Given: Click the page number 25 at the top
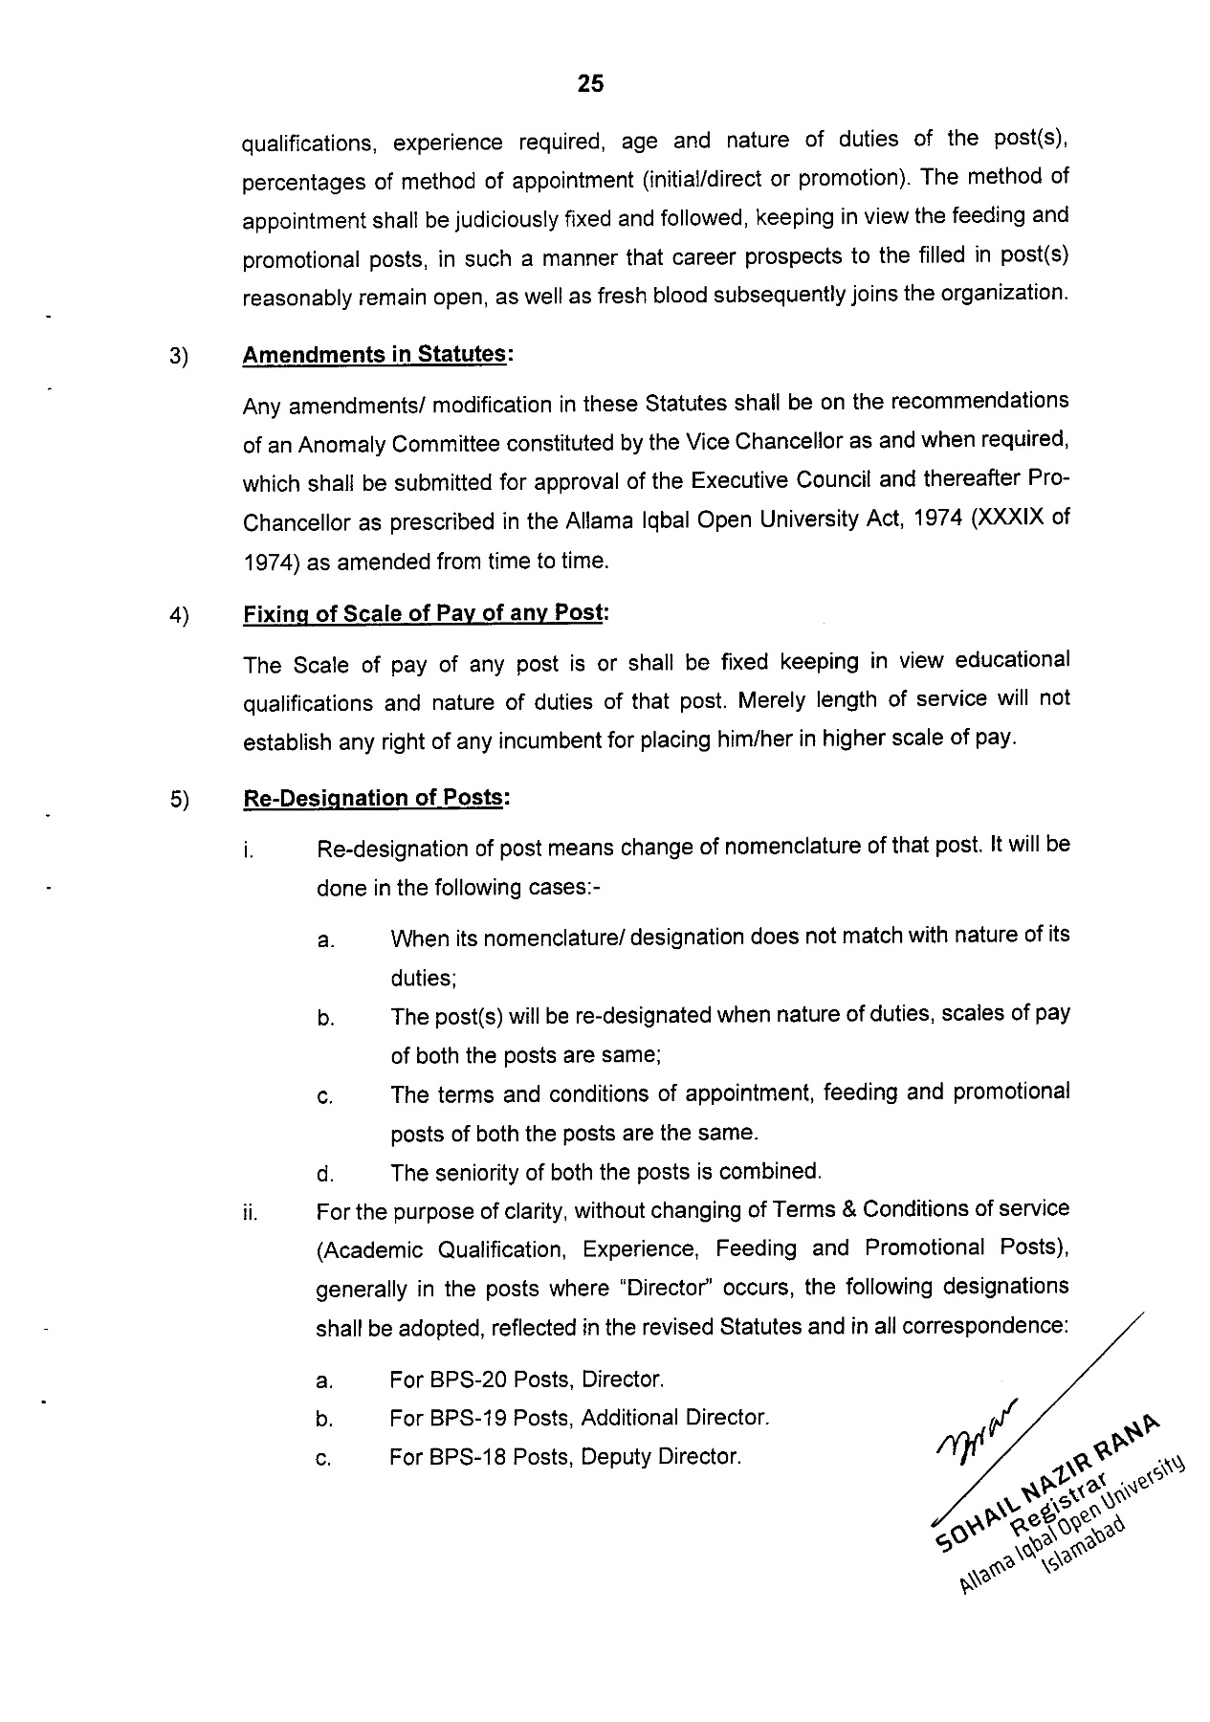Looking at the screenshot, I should click(x=591, y=84).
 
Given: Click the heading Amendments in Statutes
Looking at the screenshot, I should click(x=374, y=355).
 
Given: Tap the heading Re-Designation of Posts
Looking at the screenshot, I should click(x=372, y=798).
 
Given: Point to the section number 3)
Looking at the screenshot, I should click(x=179, y=357).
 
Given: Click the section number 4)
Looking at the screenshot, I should click(x=179, y=616).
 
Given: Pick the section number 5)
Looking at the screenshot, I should click(x=179, y=800).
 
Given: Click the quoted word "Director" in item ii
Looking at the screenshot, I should click(x=669, y=1288).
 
